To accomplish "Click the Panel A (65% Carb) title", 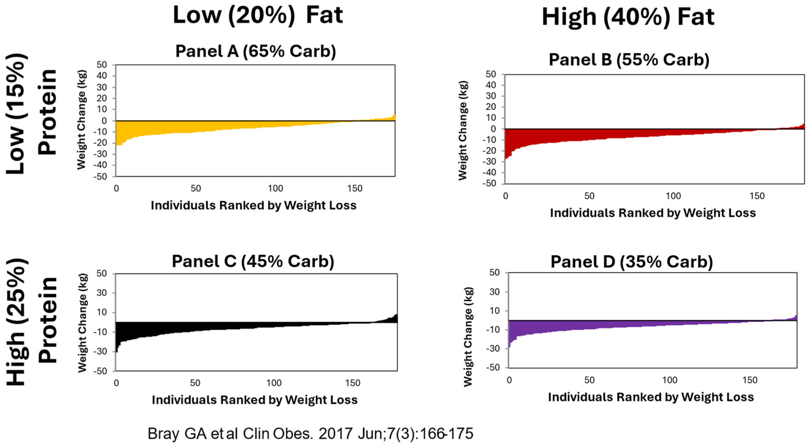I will pos(255,51).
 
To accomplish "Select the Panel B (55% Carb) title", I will pos(629,59).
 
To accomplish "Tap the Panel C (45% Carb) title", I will pos(253,261).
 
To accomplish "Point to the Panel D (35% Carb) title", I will pos(632,262).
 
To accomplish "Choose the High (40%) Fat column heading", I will pos(628,17).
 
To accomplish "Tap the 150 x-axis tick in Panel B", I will pos(757,196).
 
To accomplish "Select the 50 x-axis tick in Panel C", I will pos(195,383).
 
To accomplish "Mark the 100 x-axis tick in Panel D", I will pos(670,380).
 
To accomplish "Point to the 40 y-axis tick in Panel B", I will pos(491,85).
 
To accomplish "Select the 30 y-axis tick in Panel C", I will pos(101,293).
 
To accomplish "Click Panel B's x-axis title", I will pos(653,213).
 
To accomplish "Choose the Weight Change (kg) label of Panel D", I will pos(468,336).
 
